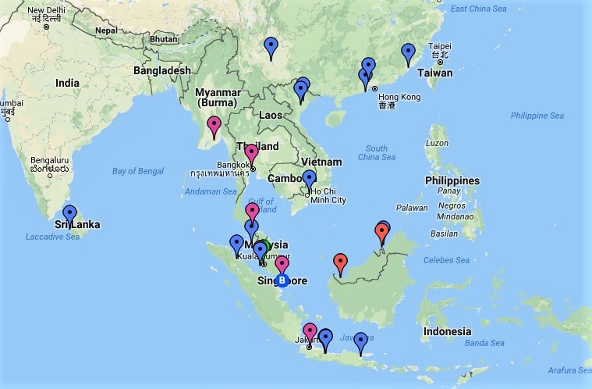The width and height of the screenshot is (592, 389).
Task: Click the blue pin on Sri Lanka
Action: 70,212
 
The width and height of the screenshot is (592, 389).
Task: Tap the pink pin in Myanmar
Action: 214,124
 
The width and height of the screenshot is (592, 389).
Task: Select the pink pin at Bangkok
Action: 251,152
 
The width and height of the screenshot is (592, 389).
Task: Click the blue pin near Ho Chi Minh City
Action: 309,178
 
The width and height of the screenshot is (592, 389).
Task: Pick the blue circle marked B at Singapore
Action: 282,280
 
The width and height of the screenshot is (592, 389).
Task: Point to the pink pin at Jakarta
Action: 310,331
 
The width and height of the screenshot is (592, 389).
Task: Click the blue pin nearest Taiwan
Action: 408,52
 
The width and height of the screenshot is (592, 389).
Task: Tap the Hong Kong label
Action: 399,96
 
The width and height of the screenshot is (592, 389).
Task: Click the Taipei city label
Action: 440,46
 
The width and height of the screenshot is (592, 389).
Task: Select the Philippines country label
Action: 452,180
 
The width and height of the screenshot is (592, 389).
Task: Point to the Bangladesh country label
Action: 161,70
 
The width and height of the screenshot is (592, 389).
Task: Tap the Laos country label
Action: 270,115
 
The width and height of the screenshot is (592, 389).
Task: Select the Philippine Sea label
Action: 537,116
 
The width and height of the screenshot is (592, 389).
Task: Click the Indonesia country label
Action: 447,331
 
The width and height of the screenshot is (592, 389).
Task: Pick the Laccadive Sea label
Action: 49,237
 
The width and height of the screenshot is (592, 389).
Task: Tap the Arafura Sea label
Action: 567,371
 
